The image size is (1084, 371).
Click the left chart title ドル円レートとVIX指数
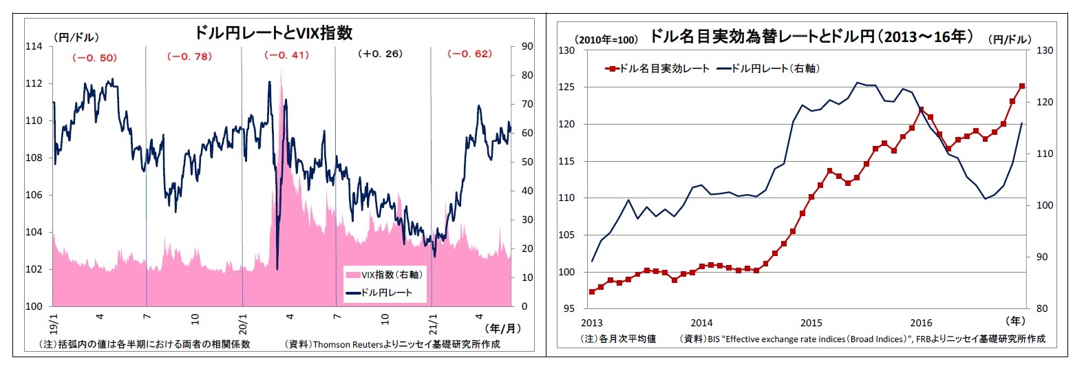[x=273, y=32]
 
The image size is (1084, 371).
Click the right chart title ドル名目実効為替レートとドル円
[x=811, y=36]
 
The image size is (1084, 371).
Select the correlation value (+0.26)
[x=380, y=54]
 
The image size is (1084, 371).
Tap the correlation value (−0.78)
[x=189, y=56]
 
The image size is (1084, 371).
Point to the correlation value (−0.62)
[x=469, y=54]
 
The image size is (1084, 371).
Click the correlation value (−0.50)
[x=94, y=58]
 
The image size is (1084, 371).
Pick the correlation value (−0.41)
[x=286, y=55]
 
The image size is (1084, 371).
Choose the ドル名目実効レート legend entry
[x=657, y=69]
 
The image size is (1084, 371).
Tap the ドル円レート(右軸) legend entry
[x=767, y=69]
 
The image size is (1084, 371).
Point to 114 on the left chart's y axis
[x=34, y=46]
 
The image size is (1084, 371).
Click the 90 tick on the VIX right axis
[x=527, y=46]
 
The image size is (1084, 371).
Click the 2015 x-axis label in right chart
[x=811, y=322]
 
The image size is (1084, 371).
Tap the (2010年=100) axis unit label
[x=606, y=40]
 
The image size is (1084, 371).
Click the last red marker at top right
[x=1021, y=86]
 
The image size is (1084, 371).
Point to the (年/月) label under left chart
[x=503, y=328]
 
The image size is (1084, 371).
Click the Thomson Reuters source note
[x=392, y=344]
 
